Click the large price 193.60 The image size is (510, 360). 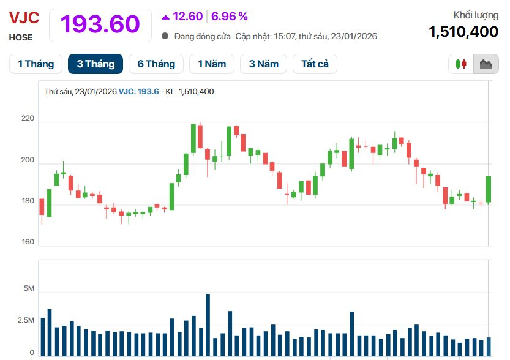pyautogui.click(x=100, y=24)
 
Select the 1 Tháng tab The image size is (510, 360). pyautogui.click(x=36, y=64)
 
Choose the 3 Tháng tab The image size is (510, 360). pyautogui.click(x=96, y=64)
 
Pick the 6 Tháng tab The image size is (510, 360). pyautogui.click(x=156, y=64)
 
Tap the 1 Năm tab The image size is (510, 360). pyautogui.click(x=212, y=64)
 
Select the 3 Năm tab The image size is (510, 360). pyautogui.click(x=263, y=64)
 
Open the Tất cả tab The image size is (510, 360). pyautogui.click(x=315, y=64)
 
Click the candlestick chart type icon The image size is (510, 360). pyautogui.click(x=461, y=64)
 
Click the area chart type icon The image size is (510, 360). pyautogui.click(x=486, y=64)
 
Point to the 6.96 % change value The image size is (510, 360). pyautogui.click(x=230, y=17)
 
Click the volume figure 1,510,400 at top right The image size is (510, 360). pyautogui.click(x=463, y=32)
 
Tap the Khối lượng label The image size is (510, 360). pyautogui.click(x=476, y=15)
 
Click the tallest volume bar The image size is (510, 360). pyautogui.click(x=208, y=325)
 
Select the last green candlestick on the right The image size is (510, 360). pyautogui.click(x=489, y=189)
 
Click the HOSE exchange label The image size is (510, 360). pyautogui.click(x=21, y=37)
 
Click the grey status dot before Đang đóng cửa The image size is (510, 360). pyautogui.click(x=165, y=36)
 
